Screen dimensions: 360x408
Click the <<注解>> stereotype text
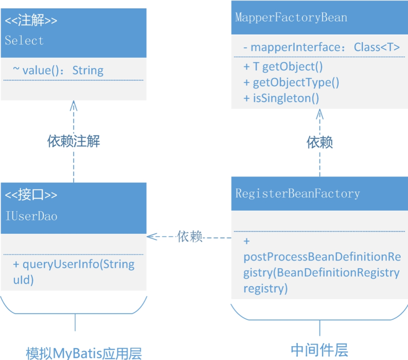coord(31,21)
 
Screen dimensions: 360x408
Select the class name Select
coord(24,40)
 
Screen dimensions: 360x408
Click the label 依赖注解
coord(74,142)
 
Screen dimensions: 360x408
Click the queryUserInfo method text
coord(74,272)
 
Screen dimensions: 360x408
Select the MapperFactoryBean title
coord(291,18)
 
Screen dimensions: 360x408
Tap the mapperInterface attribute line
coord(322,47)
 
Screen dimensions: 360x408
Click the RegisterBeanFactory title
coord(297,194)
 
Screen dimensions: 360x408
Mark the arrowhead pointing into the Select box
coord(74,105)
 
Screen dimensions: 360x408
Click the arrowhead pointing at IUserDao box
coord(151,237)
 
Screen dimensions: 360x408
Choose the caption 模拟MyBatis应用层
coord(84,353)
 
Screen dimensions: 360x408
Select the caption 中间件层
coord(319,350)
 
